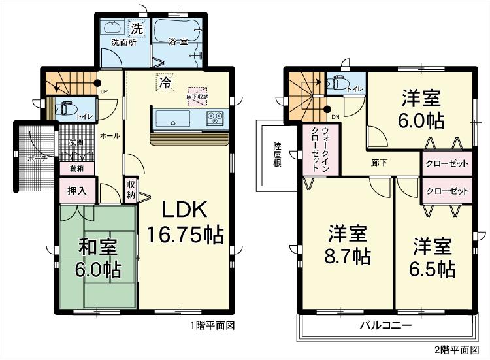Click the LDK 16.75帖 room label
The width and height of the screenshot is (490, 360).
pyautogui.click(x=184, y=223)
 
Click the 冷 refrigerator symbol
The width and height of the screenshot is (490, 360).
pyautogui.click(x=166, y=83)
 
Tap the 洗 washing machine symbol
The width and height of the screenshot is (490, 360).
pyautogui.click(x=137, y=29)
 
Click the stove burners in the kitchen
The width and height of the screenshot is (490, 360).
pyautogui.click(x=216, y=119)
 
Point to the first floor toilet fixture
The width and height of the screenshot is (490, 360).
pyautogui.click(x=66, y=108)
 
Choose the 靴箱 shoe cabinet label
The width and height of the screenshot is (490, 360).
pyautogui.click(x=77, y=168)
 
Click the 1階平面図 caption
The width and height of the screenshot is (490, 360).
pyautogui.click(x=212, y=325)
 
